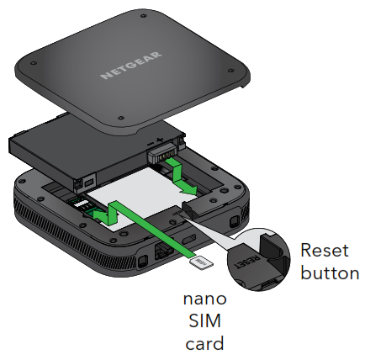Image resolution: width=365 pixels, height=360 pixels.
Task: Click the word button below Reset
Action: coord(330,273)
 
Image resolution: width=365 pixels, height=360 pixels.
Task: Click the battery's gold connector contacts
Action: coord(160,153)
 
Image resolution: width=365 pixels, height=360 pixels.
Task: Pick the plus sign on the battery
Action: coord(160,136)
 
